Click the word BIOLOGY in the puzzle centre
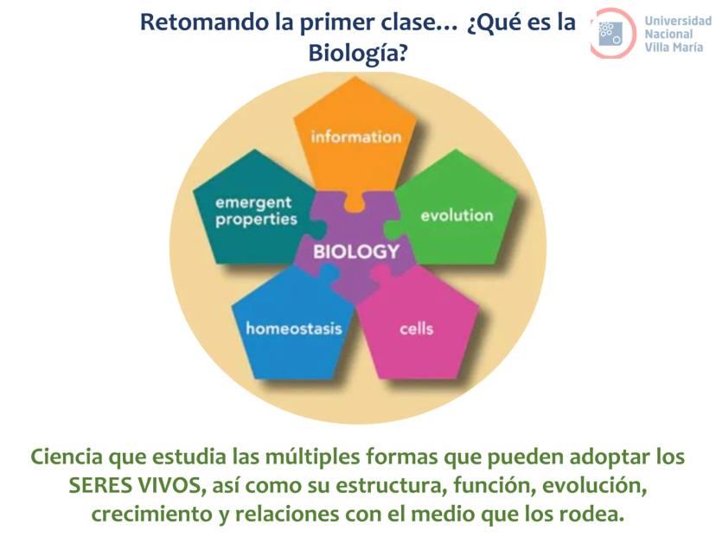tap(356, 252)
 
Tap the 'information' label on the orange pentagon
tap(355, 137)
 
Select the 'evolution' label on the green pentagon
tap(457, 215)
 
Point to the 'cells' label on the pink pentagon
tap(416, 329)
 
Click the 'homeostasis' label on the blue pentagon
tap(294, 329)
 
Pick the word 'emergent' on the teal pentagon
tap(253, 203)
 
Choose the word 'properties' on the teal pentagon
tap(256, 220)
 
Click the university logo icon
tap(612, 33)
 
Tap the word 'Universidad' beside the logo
tap(678, 21)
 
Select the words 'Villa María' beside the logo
tap(674, 47)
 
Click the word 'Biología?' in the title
tap(358, 53)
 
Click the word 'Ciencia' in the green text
tap(67, 457)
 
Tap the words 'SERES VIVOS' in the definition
tap(135, 485)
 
